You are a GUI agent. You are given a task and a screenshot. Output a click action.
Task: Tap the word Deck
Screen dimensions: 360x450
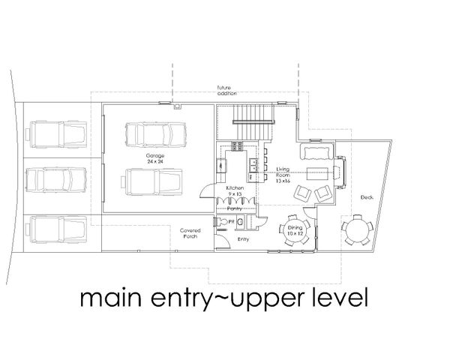coord(366,197)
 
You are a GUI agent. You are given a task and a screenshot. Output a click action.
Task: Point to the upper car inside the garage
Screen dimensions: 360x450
coord(155,136)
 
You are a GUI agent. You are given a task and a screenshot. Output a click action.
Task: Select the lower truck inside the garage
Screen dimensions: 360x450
coord(153,181)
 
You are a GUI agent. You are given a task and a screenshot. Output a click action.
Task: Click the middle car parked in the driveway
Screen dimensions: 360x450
coord(55,180)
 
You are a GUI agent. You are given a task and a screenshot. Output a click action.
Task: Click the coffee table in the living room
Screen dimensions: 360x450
coord(309,175)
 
